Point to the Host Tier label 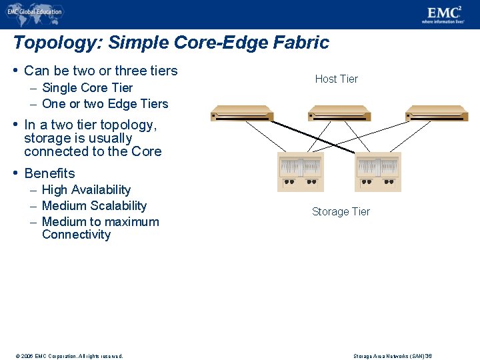point(336,79)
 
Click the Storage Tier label point(341,212)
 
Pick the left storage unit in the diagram point(300,172)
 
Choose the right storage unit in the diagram point(378,172)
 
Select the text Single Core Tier point(87,88)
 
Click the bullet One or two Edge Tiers point(105,104)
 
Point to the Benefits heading point(49,173)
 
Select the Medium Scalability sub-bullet point(94,206)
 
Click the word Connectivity point(76,235)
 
